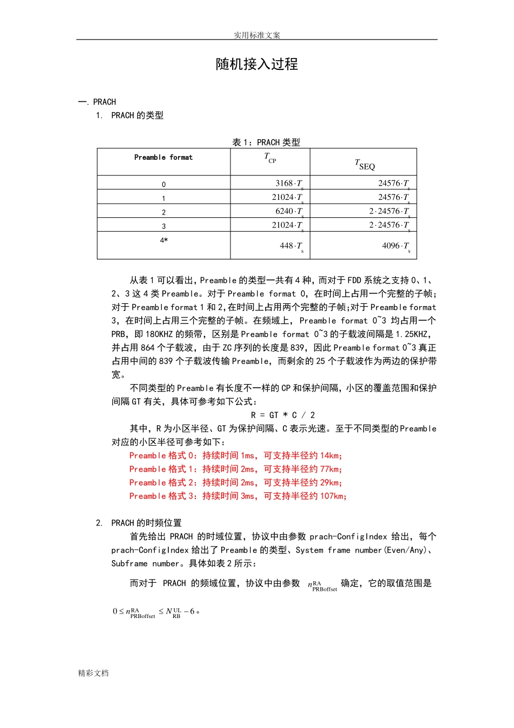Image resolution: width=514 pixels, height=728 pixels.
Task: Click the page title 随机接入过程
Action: click(256, 64)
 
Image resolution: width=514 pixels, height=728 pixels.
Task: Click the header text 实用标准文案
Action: click(256, 35)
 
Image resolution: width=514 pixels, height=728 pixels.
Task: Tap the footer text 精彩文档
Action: click(93, 673)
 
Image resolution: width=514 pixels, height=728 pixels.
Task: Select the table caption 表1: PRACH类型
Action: click(266, 142)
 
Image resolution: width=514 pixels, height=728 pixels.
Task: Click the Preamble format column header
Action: click(163, 158)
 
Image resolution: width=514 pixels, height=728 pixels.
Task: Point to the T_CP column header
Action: click(270, 158)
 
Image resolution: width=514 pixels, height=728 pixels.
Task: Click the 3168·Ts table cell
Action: click(288, 184)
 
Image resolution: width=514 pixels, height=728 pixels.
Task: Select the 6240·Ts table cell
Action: click(288, 211)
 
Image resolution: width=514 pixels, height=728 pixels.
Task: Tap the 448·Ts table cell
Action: click(291, 246)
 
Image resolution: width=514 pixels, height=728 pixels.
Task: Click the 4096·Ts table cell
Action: click(396, 246)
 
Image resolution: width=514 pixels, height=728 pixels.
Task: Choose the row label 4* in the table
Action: click(163, 240)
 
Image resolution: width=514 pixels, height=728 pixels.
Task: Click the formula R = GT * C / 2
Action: click(282, 415)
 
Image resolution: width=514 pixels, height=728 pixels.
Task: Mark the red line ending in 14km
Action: click(235, 456)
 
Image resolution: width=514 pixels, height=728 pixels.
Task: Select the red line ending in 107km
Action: click(238, 496)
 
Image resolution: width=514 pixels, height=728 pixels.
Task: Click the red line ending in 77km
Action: click(235, 469)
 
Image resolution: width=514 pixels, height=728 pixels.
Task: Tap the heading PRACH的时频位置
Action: click(146, 523)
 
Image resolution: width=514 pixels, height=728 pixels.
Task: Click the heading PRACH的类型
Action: click(137, 115)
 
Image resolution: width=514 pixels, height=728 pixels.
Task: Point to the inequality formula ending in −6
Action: click(156, 612)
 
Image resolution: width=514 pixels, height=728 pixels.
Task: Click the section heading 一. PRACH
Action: click(97, 102)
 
